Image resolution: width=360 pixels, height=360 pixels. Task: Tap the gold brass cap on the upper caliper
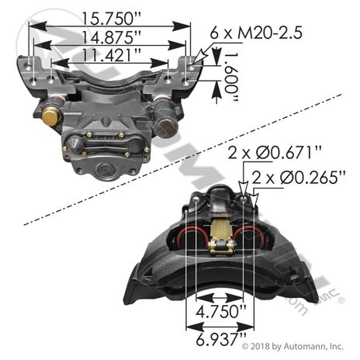click(52, 117)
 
